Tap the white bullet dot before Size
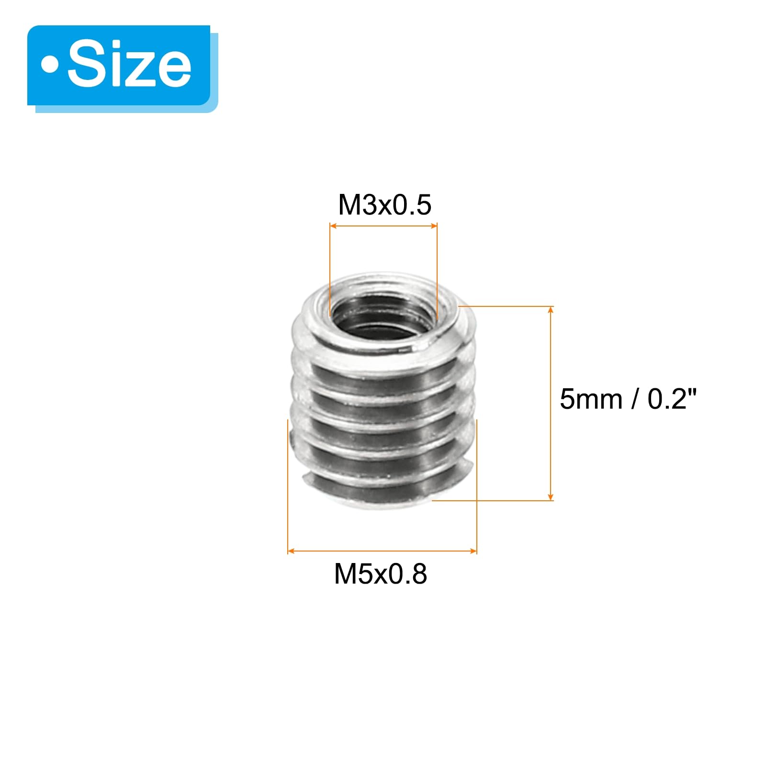click(x=49, y=65)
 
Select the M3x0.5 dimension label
click(x=384, y=205)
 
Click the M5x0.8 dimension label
click(x=381, y=574)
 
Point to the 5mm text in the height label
click(x=591, y=399)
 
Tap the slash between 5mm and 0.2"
click(x=635, y=399)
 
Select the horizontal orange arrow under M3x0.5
click(x=383, y=226)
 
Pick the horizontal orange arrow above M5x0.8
click(x=382, y=551)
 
